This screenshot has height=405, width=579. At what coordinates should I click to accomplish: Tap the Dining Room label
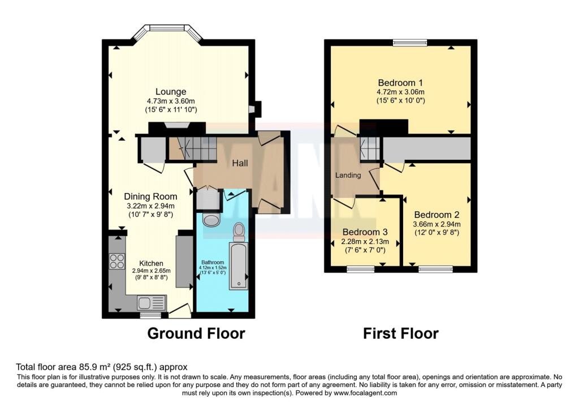(150, 197)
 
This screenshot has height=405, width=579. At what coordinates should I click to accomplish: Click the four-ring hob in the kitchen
(117, 261)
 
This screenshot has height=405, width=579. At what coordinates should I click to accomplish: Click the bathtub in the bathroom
(238, 265)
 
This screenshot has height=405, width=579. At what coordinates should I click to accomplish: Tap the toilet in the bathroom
(239, 230)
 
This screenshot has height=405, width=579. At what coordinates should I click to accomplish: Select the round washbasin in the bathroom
(211, 220)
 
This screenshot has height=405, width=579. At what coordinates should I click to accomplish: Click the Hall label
(240, 163)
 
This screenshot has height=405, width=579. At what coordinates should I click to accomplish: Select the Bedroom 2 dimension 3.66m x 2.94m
(436, 224)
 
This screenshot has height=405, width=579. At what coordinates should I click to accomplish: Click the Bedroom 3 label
(365, 232)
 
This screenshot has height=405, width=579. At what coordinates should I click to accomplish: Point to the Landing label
(348, 175)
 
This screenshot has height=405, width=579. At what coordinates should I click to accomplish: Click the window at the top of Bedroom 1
(411, 41)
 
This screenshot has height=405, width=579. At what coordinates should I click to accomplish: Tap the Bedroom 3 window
(356, 269)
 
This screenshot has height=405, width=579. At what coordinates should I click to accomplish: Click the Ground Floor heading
(196, 333)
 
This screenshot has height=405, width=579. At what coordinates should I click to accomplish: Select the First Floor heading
(400, 333)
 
